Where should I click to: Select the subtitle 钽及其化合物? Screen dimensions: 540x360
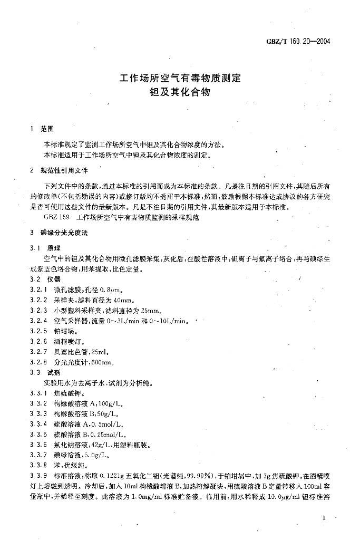(x=180, y=92)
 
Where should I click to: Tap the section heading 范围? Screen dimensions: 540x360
(x=47, y=129)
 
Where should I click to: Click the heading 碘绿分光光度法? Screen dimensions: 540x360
(x=65, y=232)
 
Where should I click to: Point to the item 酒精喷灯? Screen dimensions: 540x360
(x=67, y=341)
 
